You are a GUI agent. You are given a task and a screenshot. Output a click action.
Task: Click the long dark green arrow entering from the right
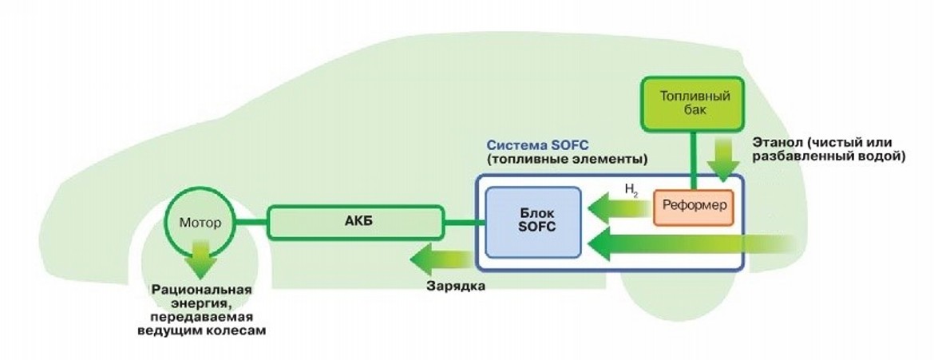click(702, 243)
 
